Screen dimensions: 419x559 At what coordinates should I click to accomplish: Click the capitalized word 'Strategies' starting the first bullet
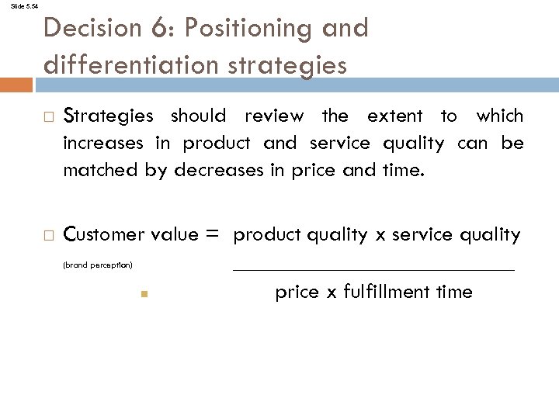(x=108, y=116)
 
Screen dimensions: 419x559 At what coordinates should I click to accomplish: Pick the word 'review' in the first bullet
(x=273, y=116)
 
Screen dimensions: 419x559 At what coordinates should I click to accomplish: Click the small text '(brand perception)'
(x=98, y=265)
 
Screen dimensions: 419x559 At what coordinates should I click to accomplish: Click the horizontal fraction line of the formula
(x=373, y=269)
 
